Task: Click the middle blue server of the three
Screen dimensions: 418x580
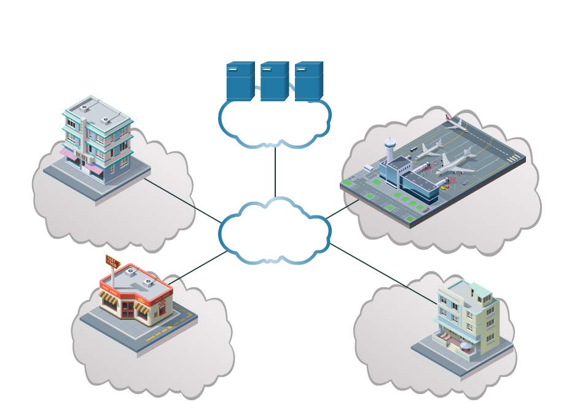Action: [x=274, y=81]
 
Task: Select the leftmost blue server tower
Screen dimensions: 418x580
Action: [x=240, y=81]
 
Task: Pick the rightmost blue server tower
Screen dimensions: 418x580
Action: [x=308, y=81]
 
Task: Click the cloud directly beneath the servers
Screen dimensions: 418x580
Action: [x=275, y=123]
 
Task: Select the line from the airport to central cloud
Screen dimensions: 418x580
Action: [x=343, y=209]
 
